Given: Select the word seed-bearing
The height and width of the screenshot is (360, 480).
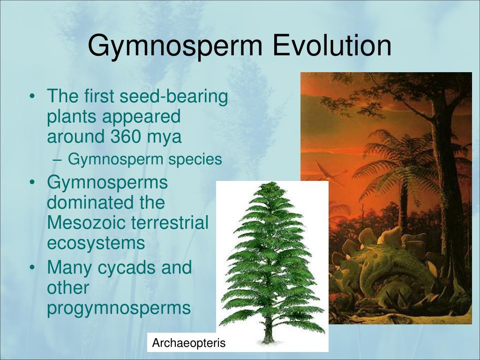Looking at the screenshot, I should click(x=174, y=97).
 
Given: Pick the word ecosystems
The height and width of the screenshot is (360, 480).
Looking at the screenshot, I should click(x=96, y=243).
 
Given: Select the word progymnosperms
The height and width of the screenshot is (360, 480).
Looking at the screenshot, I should click(x=119, y=308).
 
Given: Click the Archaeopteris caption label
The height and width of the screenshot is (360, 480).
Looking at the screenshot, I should click(x=188, y=343).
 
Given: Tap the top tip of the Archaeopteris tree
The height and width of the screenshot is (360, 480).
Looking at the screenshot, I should click(x=269, y=184).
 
